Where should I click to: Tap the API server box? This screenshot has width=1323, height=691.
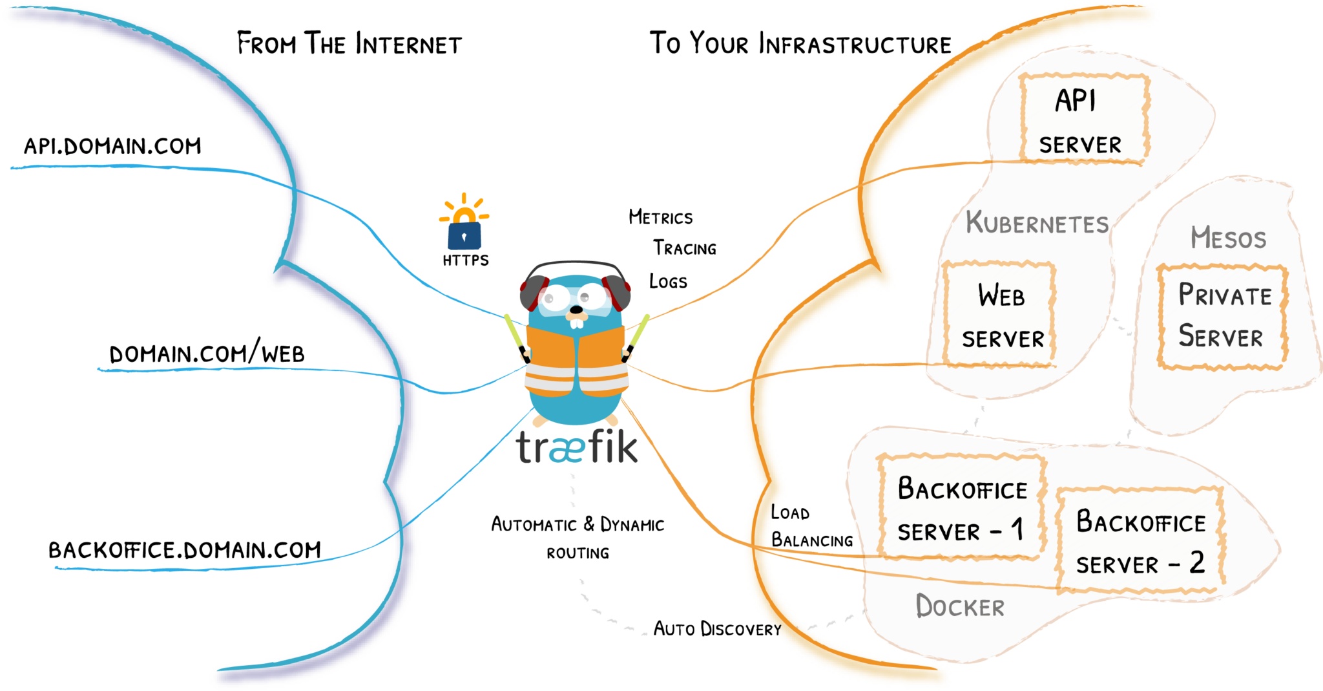[x=1083, y=119]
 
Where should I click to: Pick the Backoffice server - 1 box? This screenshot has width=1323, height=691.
[x=961, y=509]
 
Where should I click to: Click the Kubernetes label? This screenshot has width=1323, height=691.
[x=1036, y=223]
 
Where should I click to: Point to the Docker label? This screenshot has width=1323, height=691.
[x=960, y=606]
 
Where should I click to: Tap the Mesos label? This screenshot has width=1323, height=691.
[x=1228, y=238]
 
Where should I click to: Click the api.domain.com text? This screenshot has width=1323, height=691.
[x=112, y=146]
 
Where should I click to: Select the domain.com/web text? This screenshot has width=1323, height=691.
[x=207, y=353]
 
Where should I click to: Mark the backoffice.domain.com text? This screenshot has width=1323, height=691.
[x=185, y=550]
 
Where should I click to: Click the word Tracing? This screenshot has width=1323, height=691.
[x=684, y=248]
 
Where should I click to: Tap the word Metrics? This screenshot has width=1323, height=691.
[x=660, y=217]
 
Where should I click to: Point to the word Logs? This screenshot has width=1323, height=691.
[x=668, y=282]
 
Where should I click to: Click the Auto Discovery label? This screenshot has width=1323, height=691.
[x=717, y=629]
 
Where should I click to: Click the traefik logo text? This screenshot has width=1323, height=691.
[x=577, y=447]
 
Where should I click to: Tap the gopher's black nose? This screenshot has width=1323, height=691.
[x=576, y=310]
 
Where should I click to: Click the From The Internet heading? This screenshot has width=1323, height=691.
[x=349, y=44]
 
